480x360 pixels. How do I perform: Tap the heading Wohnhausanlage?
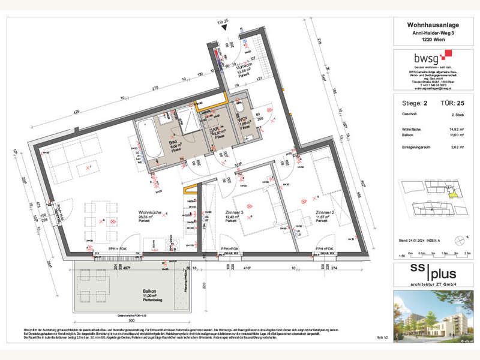pyautogui.click(x=426, y=25)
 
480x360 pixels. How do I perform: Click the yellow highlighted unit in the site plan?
pyautogui.click(x=453, y=192)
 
